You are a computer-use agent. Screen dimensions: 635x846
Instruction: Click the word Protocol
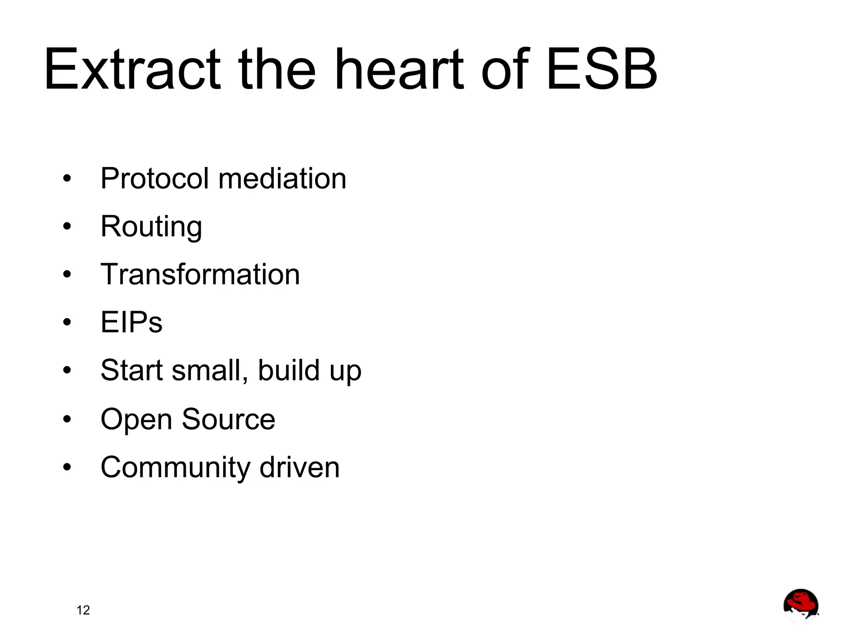click(x=154, y=178)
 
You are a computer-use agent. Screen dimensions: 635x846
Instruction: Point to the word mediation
click(x=282, y=178)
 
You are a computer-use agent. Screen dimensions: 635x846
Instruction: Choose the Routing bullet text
click(x=151, y=227)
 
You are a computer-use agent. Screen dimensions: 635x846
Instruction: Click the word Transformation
click(x=200, y=274)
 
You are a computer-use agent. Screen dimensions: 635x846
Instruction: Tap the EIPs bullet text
click(x=131, y=322)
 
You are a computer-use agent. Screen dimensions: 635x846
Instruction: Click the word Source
click(x=228, y=419)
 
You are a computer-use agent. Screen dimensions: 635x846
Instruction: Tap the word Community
click(x=175, y=468)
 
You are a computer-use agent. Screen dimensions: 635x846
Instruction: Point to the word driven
click(x=299, y=467)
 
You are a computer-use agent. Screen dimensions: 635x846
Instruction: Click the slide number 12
click(x=83, y=610)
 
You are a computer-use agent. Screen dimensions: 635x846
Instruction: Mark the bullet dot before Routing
click(x=67, y=226)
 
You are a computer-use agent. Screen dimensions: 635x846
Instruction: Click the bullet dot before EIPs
click(x=67, y=322)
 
